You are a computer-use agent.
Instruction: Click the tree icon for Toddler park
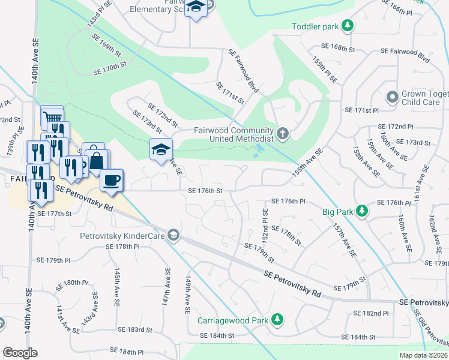point(347,26)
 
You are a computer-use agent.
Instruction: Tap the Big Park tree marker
point(361,211)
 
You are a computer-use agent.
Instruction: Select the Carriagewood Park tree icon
point(277,320)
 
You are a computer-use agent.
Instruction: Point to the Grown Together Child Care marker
point(393,97)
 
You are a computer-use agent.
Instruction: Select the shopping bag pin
point(97,160)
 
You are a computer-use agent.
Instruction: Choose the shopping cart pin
point(53,116)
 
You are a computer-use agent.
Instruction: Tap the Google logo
point(20,352)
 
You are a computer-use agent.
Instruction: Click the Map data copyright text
point(424,355)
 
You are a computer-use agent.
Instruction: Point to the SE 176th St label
point(205,191)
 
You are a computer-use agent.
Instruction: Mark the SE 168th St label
point(339,46)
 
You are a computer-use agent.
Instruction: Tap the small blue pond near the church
point(259,148)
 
